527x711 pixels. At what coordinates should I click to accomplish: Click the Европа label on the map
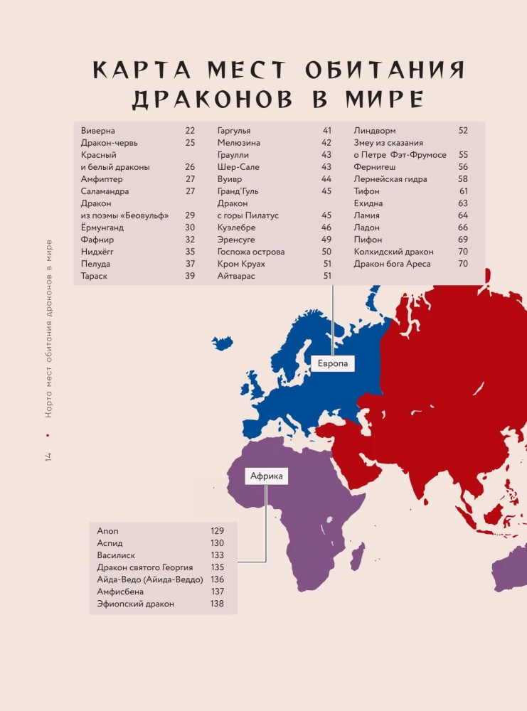(x=332, y=363)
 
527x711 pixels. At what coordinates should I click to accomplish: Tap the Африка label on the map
(x=267, y=476)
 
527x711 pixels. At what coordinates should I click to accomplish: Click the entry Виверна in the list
(x=98, y=131)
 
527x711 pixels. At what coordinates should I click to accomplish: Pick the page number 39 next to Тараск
(x=190, y=276)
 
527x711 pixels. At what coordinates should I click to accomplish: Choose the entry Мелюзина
(x=239, y=143)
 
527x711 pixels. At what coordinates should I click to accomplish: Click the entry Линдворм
(x=375, y=131)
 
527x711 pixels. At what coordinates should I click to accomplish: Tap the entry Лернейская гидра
(x=390, y=179)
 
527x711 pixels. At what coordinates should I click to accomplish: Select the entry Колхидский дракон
(x=393, y=252)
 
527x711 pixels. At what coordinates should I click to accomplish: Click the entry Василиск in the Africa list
(x=116, y=555)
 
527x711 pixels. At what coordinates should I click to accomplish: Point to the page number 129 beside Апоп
(x=217, y=531)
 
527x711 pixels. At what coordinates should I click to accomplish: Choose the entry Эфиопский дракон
(x=136, y=604)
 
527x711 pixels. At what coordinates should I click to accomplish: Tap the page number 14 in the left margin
(x=48, y=455)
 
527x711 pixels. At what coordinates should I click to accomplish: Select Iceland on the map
(x=223, y=343)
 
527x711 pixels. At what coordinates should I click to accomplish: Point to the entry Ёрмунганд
(x=108, y=228)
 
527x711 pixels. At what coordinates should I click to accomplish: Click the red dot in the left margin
(x=48, y=434)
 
